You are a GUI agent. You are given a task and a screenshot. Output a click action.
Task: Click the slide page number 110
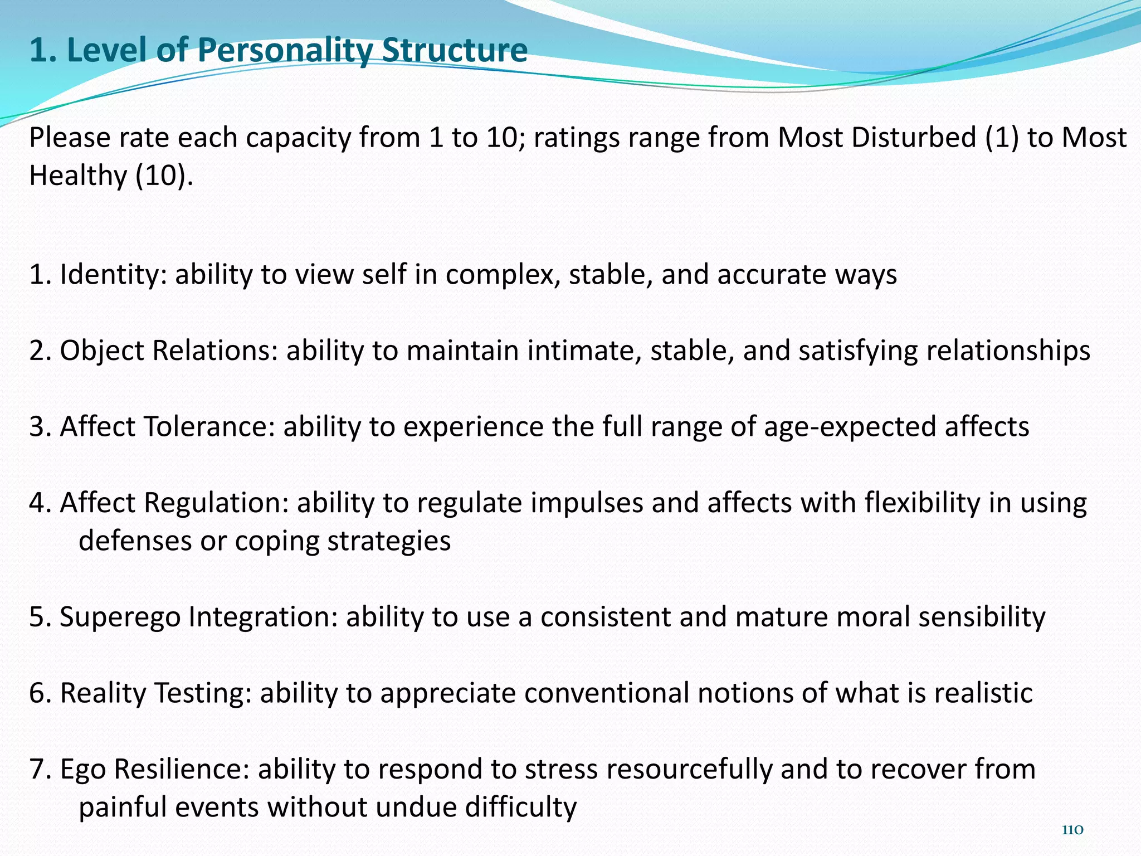click(x=1072, y=830)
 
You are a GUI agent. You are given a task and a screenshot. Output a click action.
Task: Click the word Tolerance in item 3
click(x=209, y=427)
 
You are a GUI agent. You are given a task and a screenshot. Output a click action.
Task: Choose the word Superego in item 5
click(x=120, y=617)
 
